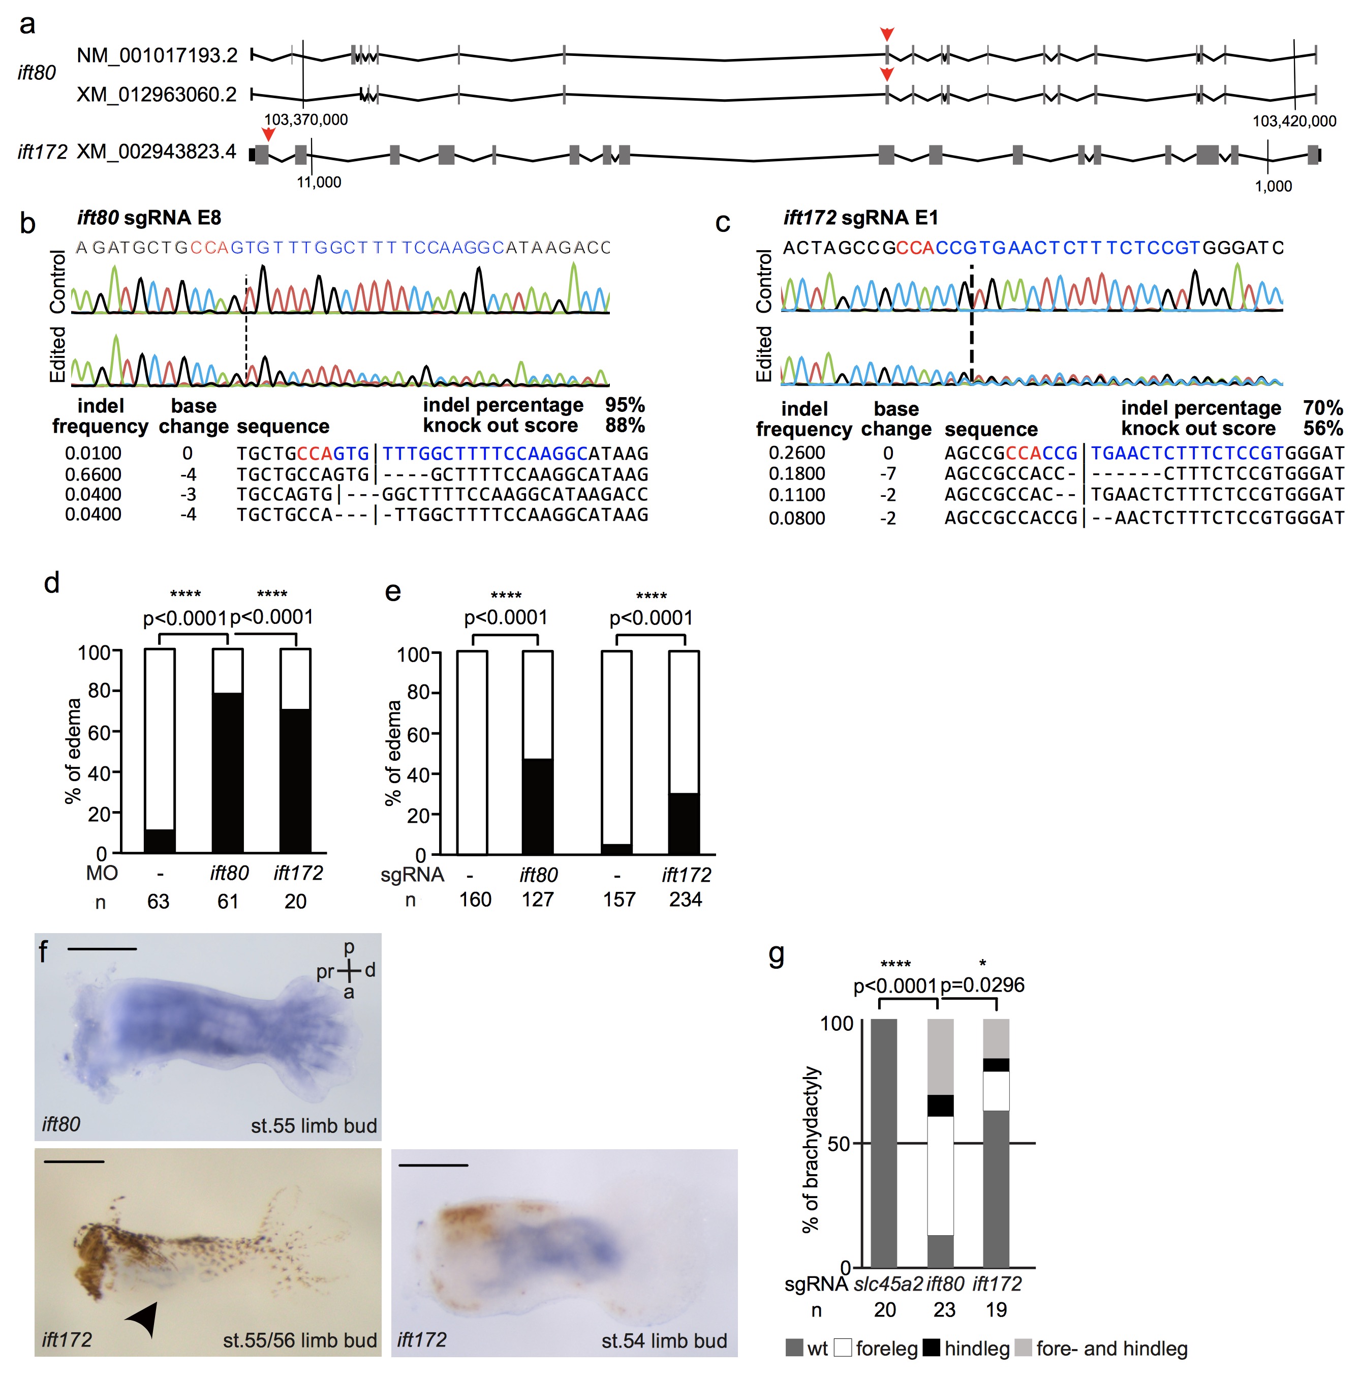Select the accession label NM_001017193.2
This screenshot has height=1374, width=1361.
[157, 55]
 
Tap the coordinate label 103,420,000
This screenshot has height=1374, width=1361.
[1293, 121]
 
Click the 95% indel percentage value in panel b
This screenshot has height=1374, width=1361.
[624, 405]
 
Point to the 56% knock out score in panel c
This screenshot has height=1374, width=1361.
[1322, 428]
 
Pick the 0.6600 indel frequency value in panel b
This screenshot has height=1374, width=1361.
[93, 474]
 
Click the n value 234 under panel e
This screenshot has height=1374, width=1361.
[685, 900]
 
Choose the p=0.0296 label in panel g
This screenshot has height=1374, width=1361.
[982, 985]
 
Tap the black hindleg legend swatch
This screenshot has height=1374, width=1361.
[931, 1348]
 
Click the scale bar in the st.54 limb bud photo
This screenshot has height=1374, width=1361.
[433, 1166]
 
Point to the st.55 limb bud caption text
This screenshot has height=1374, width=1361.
[314, 1125]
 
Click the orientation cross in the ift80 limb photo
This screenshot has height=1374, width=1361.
[348, 970]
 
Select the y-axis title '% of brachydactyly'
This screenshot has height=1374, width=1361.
[810, 1149]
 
